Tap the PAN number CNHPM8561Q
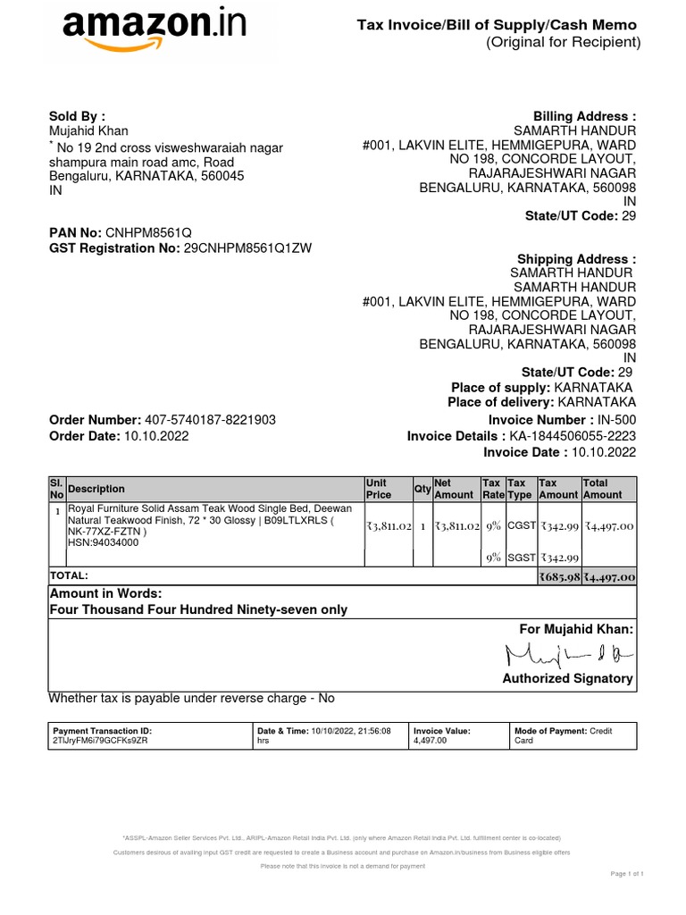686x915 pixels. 149,232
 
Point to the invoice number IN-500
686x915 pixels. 616,420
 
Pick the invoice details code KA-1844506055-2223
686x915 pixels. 573,436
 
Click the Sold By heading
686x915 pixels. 77,116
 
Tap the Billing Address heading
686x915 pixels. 584,116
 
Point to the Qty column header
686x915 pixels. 422,489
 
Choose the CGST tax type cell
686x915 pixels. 520,527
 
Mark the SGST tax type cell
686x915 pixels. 520,558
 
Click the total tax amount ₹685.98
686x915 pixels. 559,577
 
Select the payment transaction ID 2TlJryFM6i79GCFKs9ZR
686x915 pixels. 101,742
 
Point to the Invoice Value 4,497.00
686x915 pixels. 430,742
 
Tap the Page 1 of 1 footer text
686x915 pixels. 627,873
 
